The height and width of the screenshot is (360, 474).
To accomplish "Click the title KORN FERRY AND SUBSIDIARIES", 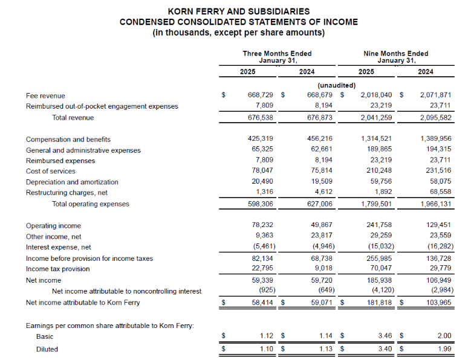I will pyautogui.click(x=238, y=11).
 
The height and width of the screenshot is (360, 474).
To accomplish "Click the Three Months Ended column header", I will pyautogui.click(x=278, y=54).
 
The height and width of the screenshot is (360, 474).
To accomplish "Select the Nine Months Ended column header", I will pyautogui.click(x=395, y=54).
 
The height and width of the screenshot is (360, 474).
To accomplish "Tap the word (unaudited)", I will pyautogui.click(x=336, y=85).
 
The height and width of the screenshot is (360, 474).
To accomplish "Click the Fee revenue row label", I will pyautogui.click(x=45, y=95).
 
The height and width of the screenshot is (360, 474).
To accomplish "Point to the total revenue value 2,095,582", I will pyautogui.click(x=435, y=118).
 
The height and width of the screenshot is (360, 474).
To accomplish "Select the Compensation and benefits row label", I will pyautogui.click(x=68, y=140).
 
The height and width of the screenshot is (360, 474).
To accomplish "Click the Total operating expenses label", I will pyautogui.click(x=91, y=204).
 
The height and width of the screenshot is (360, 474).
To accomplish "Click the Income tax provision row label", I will pyautogui.click(x=59, y=269).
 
